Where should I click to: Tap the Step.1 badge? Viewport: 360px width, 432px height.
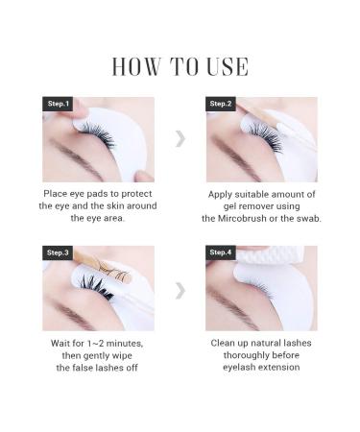click(x=57, y=104)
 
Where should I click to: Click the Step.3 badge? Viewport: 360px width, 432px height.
click(x=57, y=252)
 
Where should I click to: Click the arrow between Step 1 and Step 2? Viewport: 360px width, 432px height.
click(x=180, y=139)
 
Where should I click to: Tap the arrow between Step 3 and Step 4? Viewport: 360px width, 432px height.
click(x=180, y=288)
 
